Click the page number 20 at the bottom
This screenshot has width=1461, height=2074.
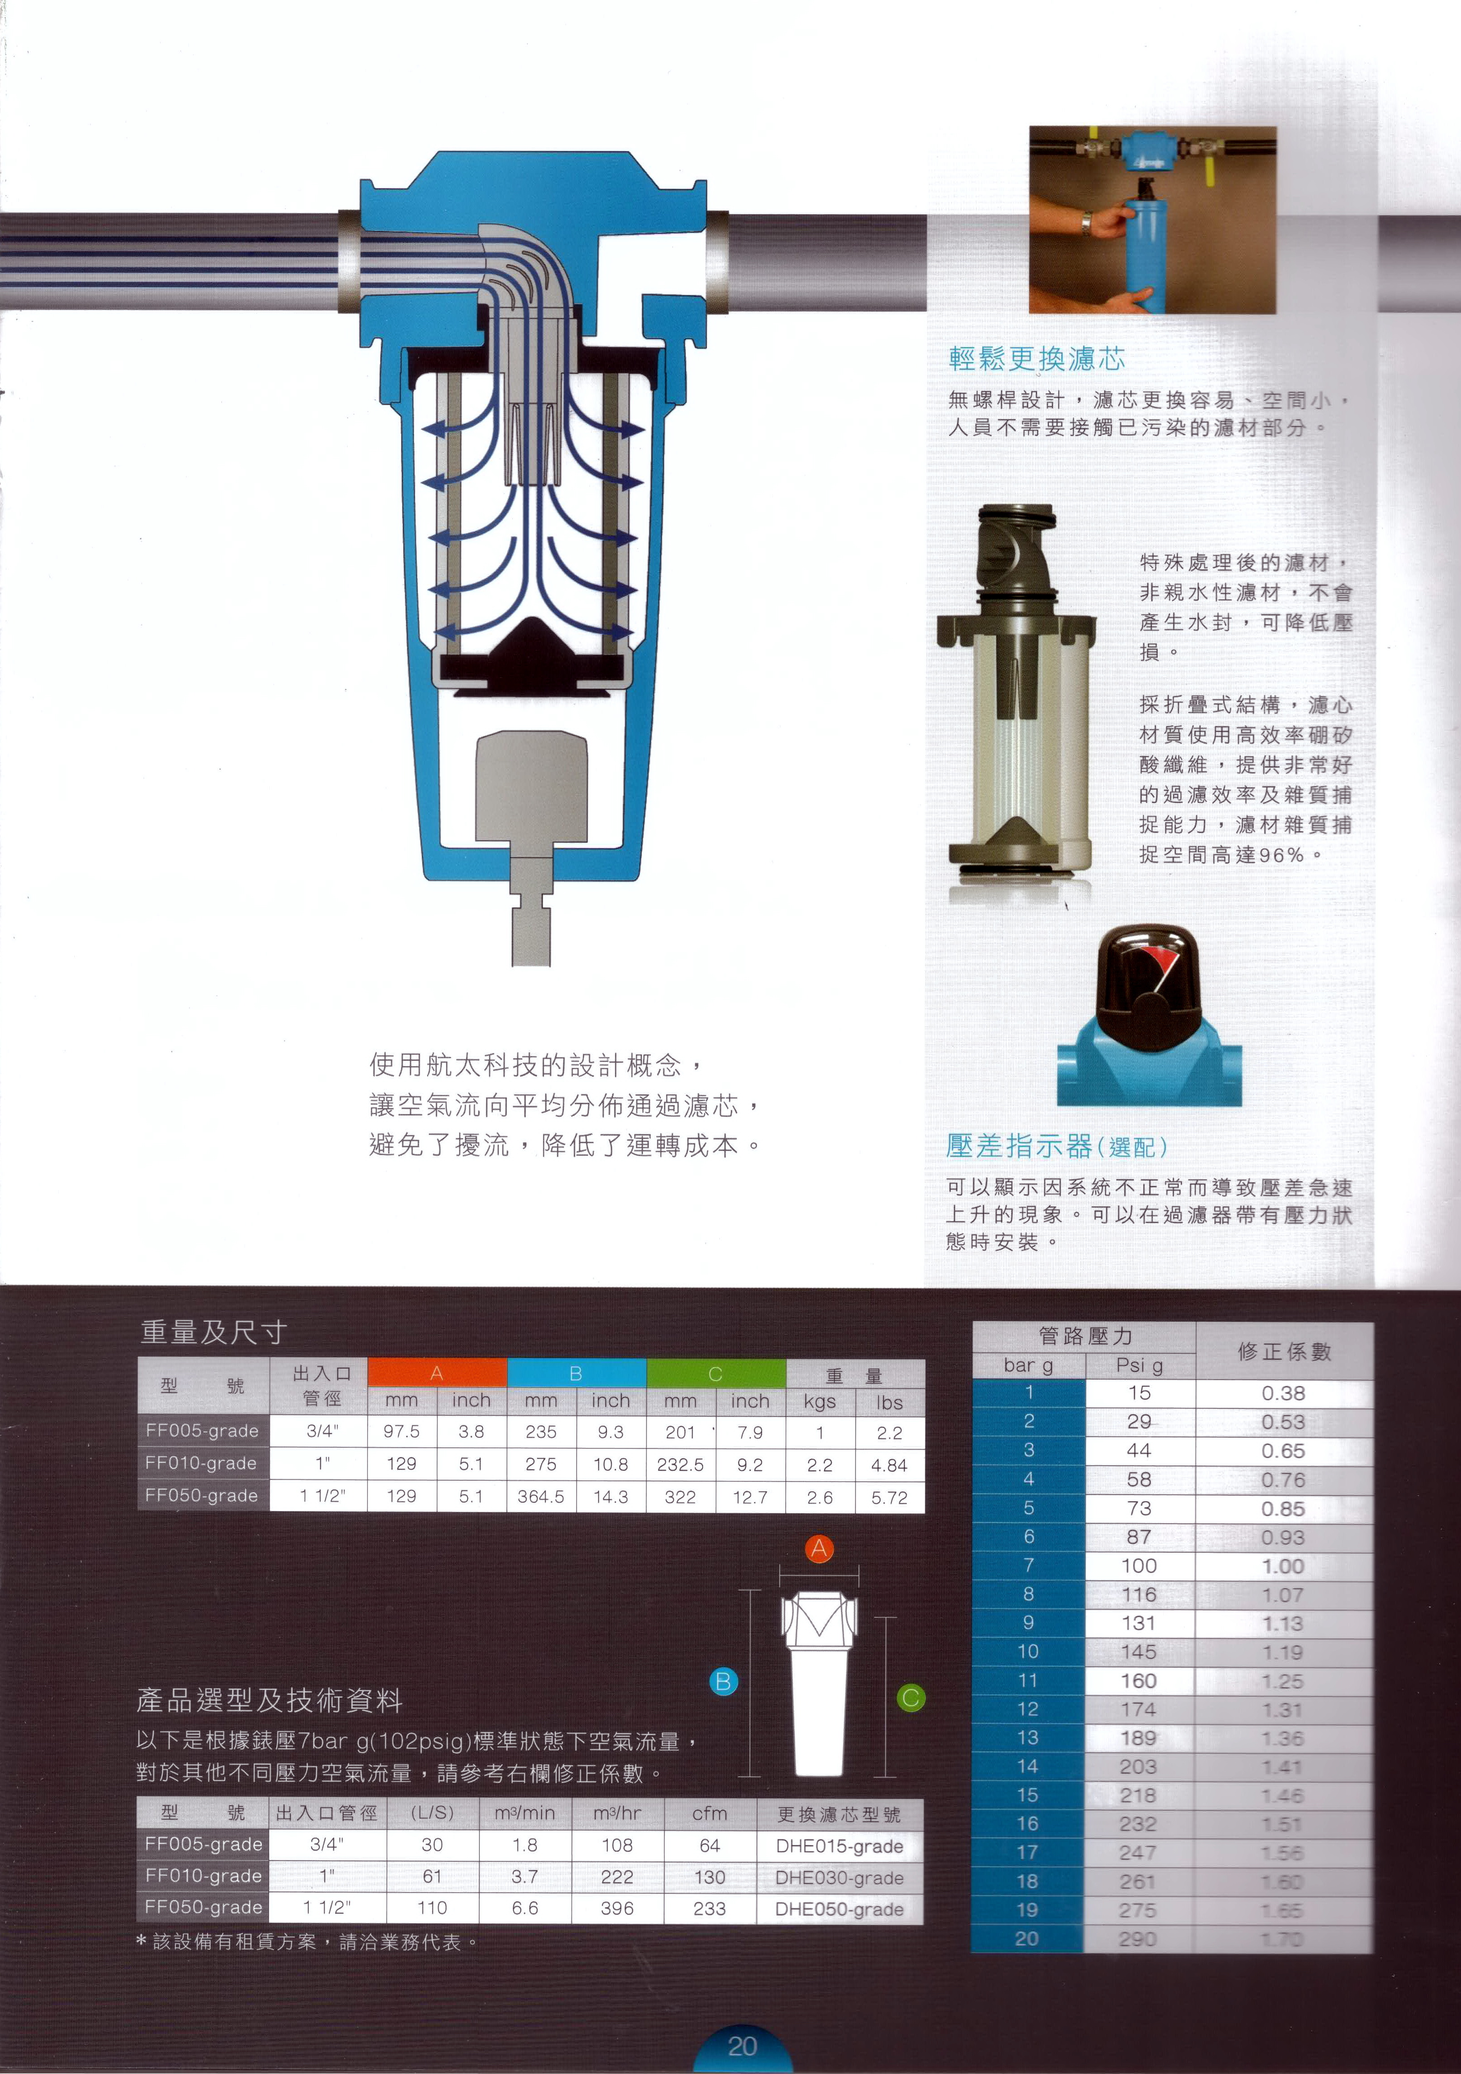742,2046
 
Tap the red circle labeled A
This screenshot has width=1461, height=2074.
818,1548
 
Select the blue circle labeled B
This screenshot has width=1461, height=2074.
723,1681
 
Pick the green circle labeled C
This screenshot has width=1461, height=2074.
911,1697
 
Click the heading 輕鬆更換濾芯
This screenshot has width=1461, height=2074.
1036,359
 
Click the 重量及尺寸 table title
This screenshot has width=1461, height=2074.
213,1332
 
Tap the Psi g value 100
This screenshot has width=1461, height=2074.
1139,1566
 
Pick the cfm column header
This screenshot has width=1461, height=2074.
709,1813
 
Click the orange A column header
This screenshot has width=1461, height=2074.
436,1373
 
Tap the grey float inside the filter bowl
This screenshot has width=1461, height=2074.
531,786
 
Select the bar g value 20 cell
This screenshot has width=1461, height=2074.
1027,1938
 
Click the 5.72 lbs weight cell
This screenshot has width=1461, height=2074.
889,1497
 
